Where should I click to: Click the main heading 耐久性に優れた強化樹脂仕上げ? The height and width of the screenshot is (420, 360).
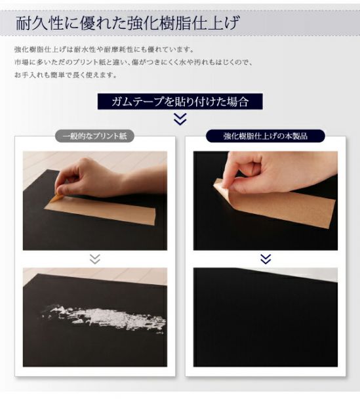[x=127, y=24]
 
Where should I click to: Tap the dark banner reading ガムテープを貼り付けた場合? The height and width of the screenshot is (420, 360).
[x=180, y=102]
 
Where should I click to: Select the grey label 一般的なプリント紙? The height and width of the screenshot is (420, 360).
[x=94, y=136]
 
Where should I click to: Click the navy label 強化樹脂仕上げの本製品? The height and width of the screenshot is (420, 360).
[x=265, y=136]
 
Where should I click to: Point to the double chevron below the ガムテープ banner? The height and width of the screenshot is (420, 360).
[x=180, y=119]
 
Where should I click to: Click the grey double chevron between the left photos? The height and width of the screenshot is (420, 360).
[x=95, y=259]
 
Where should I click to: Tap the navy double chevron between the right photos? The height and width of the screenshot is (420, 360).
[x=265, y=259]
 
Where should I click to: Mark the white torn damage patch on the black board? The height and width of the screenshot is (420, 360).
[x=105, y=318]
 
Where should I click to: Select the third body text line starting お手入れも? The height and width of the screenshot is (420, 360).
[x=65, y=74]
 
